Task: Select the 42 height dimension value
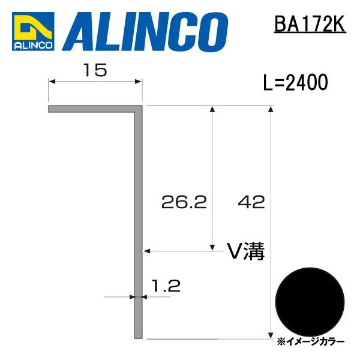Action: tap(251, 203)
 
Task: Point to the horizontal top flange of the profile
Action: tap(93, 110)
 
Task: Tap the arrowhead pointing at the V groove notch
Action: tap(145, 251)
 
